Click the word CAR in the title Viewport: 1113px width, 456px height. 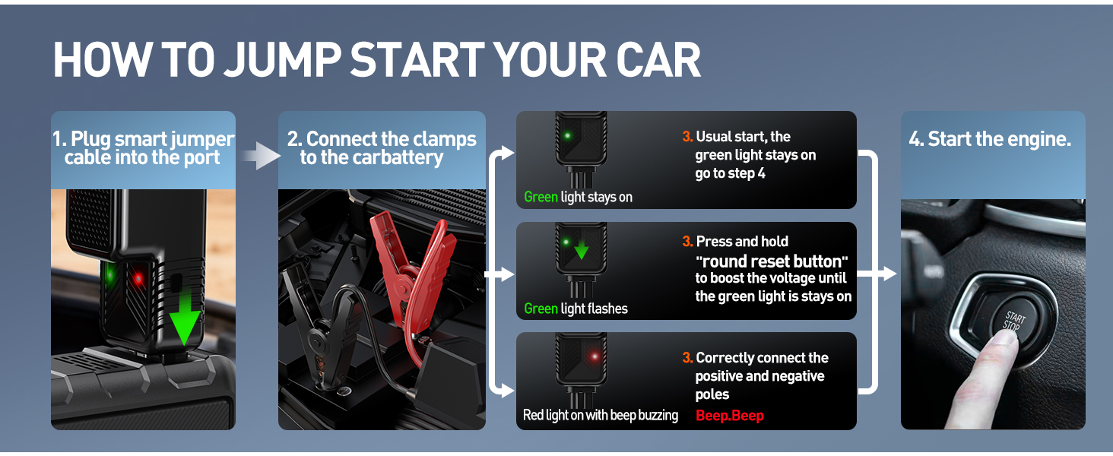[658, 59]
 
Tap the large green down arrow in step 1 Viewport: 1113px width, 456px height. [184, 318]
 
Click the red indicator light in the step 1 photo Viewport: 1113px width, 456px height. [138, 279]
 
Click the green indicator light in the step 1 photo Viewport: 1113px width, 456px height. [109, 273]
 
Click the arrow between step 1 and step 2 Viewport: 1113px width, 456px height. [260, 156]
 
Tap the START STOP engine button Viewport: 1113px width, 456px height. [1013, 321]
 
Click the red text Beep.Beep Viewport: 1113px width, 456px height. [729, 415]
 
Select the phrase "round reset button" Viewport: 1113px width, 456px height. [772, 261]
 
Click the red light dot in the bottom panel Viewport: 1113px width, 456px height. [595, 356]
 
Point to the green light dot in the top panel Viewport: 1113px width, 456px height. [567, 135]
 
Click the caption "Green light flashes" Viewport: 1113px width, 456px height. [576, 309]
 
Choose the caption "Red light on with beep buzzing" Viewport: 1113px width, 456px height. [601, 415]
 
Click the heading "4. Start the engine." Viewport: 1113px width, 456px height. [990, 139]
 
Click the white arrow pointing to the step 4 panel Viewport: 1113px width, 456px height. [878, 273]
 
